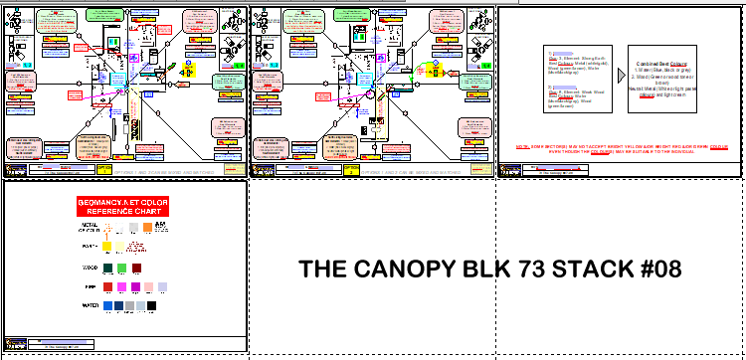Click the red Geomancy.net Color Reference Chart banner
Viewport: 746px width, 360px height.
click(x=125, y=207)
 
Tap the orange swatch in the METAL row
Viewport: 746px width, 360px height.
click(x=146, y=227)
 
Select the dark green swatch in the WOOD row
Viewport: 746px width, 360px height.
click(x=106, y=268)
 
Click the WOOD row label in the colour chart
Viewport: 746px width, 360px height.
click(x=89, y=268)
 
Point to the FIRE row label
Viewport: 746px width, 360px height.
click(x=89, y=286)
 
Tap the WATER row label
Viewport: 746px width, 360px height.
click(x=89, y=306)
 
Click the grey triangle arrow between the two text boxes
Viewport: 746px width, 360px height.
click(x=621, y=76)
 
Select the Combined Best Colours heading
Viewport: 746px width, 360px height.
click(x=662, y=63)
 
